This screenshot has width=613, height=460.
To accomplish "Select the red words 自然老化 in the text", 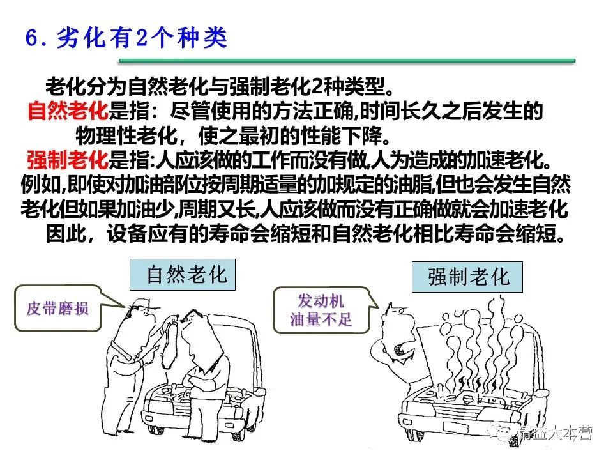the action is point(67,112).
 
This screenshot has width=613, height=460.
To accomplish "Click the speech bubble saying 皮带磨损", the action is point(57,309).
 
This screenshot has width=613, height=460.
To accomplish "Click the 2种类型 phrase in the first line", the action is point(349,87).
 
